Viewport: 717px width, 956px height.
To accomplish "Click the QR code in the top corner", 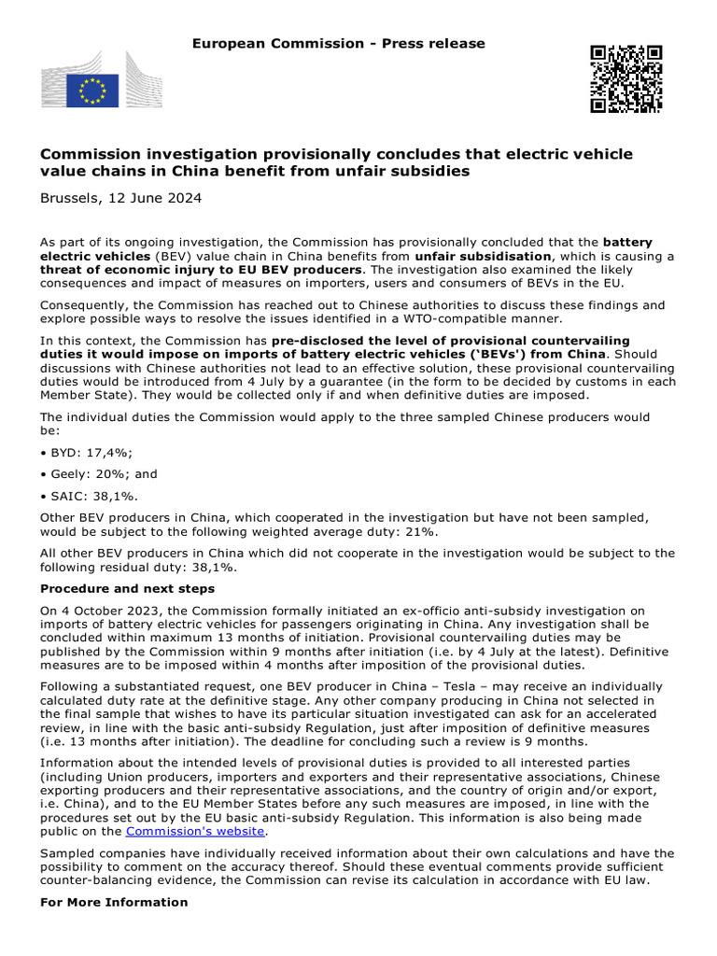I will tap(625, 78).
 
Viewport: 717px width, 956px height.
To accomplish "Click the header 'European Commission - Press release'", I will tap(338, 44).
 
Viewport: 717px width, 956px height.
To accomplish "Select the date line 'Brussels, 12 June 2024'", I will tap(120, 198).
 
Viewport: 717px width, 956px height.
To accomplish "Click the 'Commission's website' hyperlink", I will tap(196, 831).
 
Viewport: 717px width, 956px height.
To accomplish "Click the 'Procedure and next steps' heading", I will tap(127, 588).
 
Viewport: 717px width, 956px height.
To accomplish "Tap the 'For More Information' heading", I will tap(114, 902).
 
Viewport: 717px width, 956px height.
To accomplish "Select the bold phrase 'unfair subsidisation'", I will tap(484, 255).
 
